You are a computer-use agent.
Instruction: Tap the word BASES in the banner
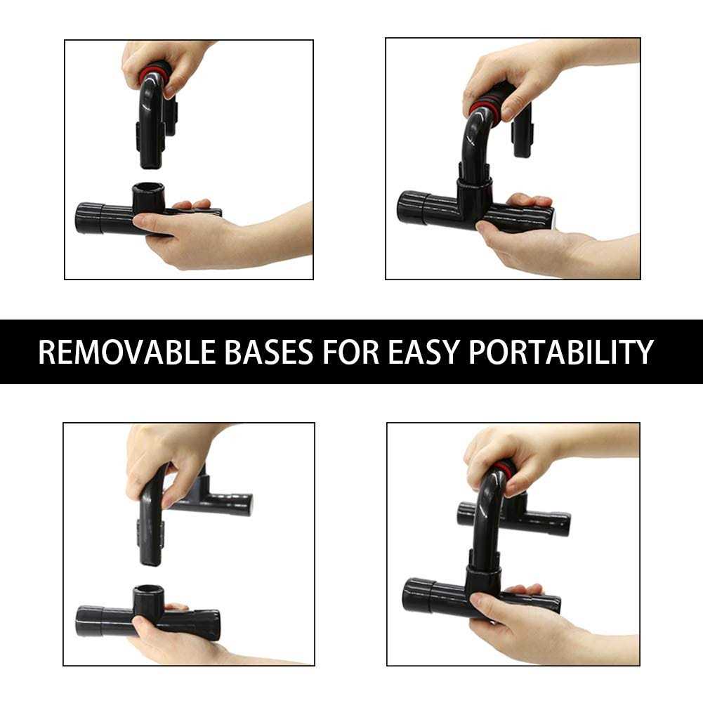[268, 352]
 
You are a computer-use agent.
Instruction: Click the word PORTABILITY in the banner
[560, 352]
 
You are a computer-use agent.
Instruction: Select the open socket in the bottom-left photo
[150, 592]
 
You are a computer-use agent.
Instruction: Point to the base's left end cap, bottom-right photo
[418, 595]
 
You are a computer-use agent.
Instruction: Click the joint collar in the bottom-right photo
[483, 579]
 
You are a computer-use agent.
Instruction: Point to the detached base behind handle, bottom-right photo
[514, 516]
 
